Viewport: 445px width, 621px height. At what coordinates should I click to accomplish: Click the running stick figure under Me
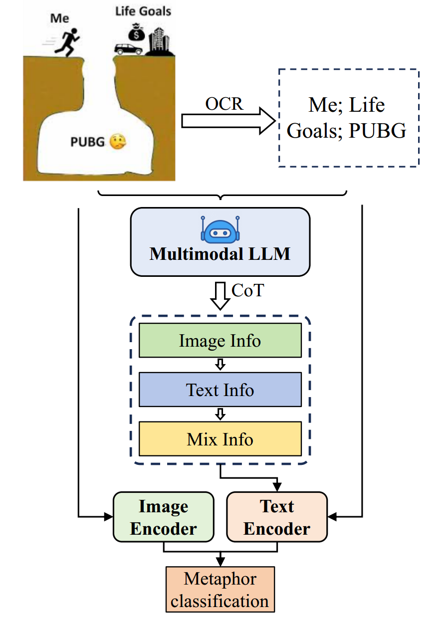point(66,39)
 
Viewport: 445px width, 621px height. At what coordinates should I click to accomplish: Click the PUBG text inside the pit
point(87,143)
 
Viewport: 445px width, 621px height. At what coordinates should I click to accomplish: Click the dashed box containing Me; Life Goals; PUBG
point(348,117)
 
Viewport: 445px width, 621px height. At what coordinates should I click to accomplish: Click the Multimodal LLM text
point(220,254)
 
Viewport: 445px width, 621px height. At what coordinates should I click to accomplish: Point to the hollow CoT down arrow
point(220,296)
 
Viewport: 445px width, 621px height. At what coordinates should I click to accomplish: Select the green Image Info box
point(220,341)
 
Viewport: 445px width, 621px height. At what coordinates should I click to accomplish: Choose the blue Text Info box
point(220,390)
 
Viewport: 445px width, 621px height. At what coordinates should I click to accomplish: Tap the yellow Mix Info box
point(220,439)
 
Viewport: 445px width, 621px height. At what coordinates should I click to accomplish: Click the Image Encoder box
point(163,517)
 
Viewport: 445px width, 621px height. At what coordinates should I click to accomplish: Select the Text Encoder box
point(277,517)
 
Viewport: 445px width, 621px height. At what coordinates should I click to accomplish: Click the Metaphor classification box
point(220,590)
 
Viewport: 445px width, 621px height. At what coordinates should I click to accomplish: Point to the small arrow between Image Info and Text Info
point(220,365)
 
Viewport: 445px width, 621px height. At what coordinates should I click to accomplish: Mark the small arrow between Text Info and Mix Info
point(220,414)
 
